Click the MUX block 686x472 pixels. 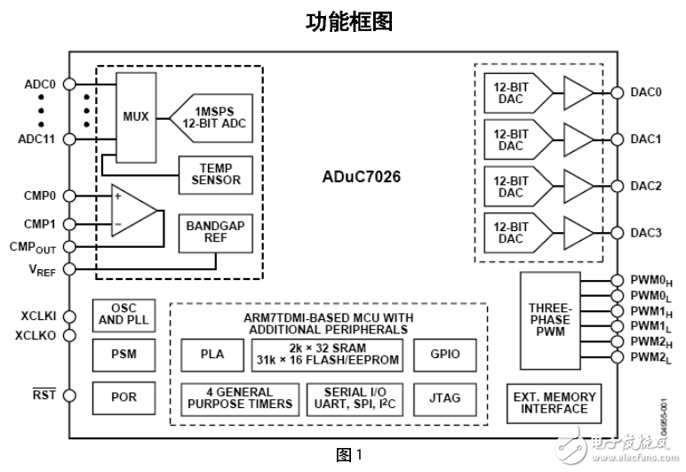136,116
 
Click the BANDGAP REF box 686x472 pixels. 215,233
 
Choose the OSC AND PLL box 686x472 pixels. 121,313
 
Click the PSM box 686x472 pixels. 121,354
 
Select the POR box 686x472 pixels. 121,396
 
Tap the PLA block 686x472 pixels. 212,354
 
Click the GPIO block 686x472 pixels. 445,354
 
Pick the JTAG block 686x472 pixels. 445,397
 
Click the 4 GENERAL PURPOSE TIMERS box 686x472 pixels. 237,397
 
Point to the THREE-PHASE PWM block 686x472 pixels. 550,321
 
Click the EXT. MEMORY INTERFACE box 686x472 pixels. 554,403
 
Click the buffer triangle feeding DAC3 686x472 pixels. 578,233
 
